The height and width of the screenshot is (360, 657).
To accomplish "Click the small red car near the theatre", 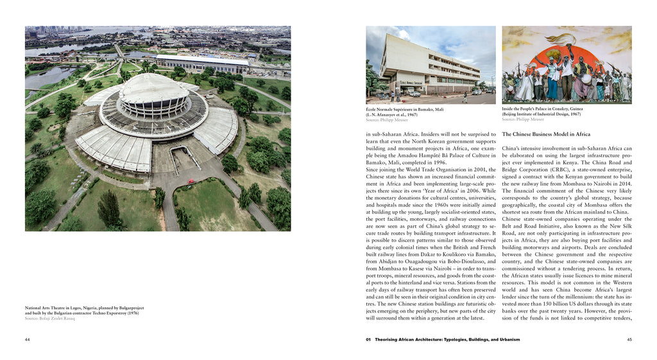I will (x=191, y=182).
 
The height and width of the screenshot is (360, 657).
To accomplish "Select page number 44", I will (x=28, y=339).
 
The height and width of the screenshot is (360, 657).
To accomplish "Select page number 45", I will (x=629, y=339).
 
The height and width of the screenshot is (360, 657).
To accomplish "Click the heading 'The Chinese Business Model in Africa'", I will (x=546, y=134).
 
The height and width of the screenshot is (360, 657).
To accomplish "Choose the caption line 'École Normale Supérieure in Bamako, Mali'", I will (x=404, y=109).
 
